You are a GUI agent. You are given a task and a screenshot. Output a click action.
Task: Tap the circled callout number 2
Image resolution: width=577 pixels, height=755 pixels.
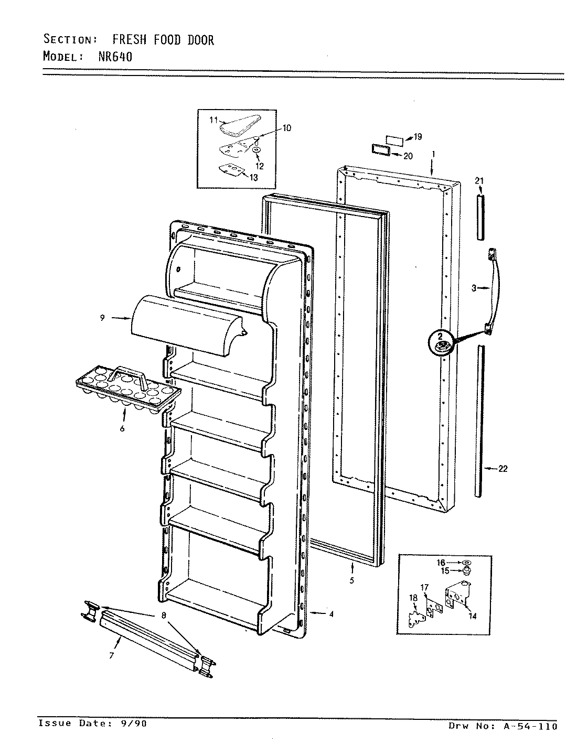[x=441, y=336]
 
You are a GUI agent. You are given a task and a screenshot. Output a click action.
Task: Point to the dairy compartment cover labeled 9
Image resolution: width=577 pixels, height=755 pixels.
[x=184, y=325]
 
